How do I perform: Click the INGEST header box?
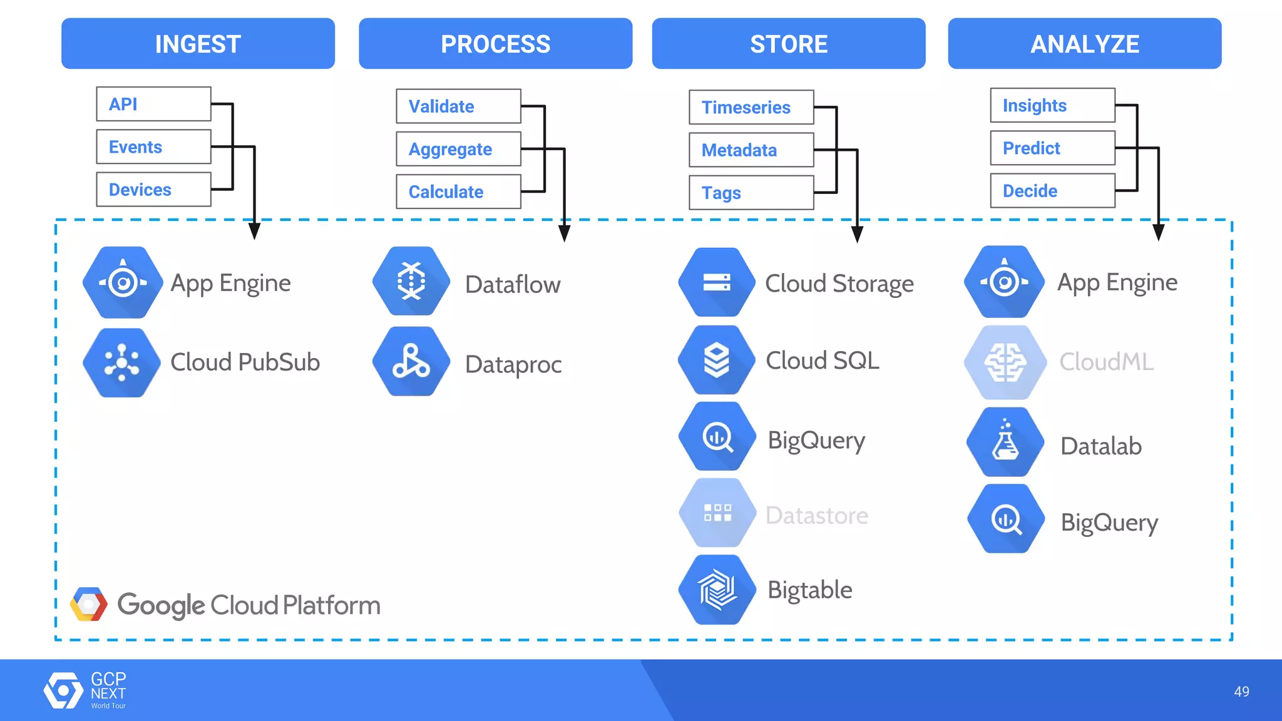(198, 44)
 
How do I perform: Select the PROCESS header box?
(495, 44)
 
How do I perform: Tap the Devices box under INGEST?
(153, 190)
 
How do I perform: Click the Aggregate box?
(458, 149)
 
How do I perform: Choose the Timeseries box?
(751, 107)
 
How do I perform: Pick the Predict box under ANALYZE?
(1052, 148)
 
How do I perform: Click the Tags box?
(751, 193)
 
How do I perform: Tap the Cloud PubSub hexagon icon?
(123, 362)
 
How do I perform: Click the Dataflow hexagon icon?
(411, 282)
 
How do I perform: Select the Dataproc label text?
(513, 364)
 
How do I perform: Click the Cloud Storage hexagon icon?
(717, 282)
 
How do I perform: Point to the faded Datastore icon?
(717, 513)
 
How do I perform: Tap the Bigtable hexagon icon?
(717, 590)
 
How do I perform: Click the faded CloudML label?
(1106, 362)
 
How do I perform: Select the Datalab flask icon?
(1005, 442)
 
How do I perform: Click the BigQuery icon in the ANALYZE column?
(1006, 519)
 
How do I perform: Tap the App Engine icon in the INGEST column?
(123, 282)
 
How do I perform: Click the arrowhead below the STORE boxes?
(857, 235)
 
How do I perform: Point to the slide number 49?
(1241, 692)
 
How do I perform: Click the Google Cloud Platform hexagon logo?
(88, 605)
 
